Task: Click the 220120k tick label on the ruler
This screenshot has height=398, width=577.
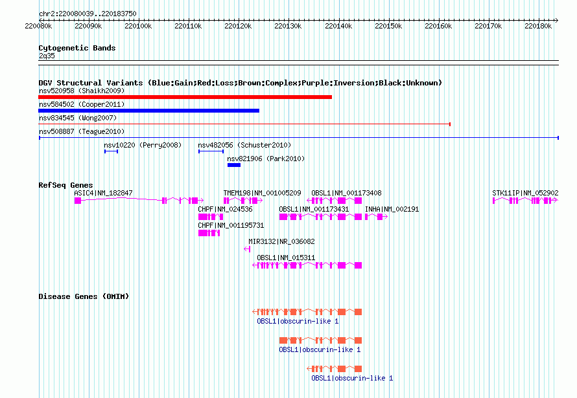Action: (x=238, y=26)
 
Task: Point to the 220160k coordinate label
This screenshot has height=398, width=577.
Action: (x=438, y=26)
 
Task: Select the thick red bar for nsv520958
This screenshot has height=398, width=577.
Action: (x=185, y=97)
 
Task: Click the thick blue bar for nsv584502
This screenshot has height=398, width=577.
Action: (x=148, y=111)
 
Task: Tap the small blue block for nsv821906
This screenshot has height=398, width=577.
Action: (x=234, y=165)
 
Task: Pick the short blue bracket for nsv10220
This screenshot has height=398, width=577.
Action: (x=111, y=151)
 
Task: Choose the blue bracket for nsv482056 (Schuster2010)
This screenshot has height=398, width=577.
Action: (x=211, y=151)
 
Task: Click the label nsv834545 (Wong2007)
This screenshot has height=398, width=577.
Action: (x=78, y=118)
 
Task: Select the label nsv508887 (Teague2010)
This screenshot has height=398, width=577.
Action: (x=82, y=131)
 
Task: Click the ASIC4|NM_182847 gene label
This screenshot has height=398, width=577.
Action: (x=103, y=193)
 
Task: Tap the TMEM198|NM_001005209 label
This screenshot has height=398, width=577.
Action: (x=262, y=193)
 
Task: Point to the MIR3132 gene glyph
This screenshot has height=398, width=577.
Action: (x=247, y=249)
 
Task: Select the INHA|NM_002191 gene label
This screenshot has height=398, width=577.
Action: (x=392, y=209)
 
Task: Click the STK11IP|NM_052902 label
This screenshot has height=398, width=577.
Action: (x=525, y=193)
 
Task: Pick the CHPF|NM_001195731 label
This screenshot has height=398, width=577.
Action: (x=231, y=225)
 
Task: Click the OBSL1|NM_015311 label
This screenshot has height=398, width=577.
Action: (x=285, y=258)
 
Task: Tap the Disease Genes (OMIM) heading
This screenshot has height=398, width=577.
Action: (x=84, y=296)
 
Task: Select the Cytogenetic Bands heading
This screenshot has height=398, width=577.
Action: (x=77, y=48)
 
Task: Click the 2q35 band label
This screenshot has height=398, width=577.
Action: (x=47, y=56)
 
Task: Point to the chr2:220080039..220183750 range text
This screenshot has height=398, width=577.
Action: (x=88, y=14)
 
